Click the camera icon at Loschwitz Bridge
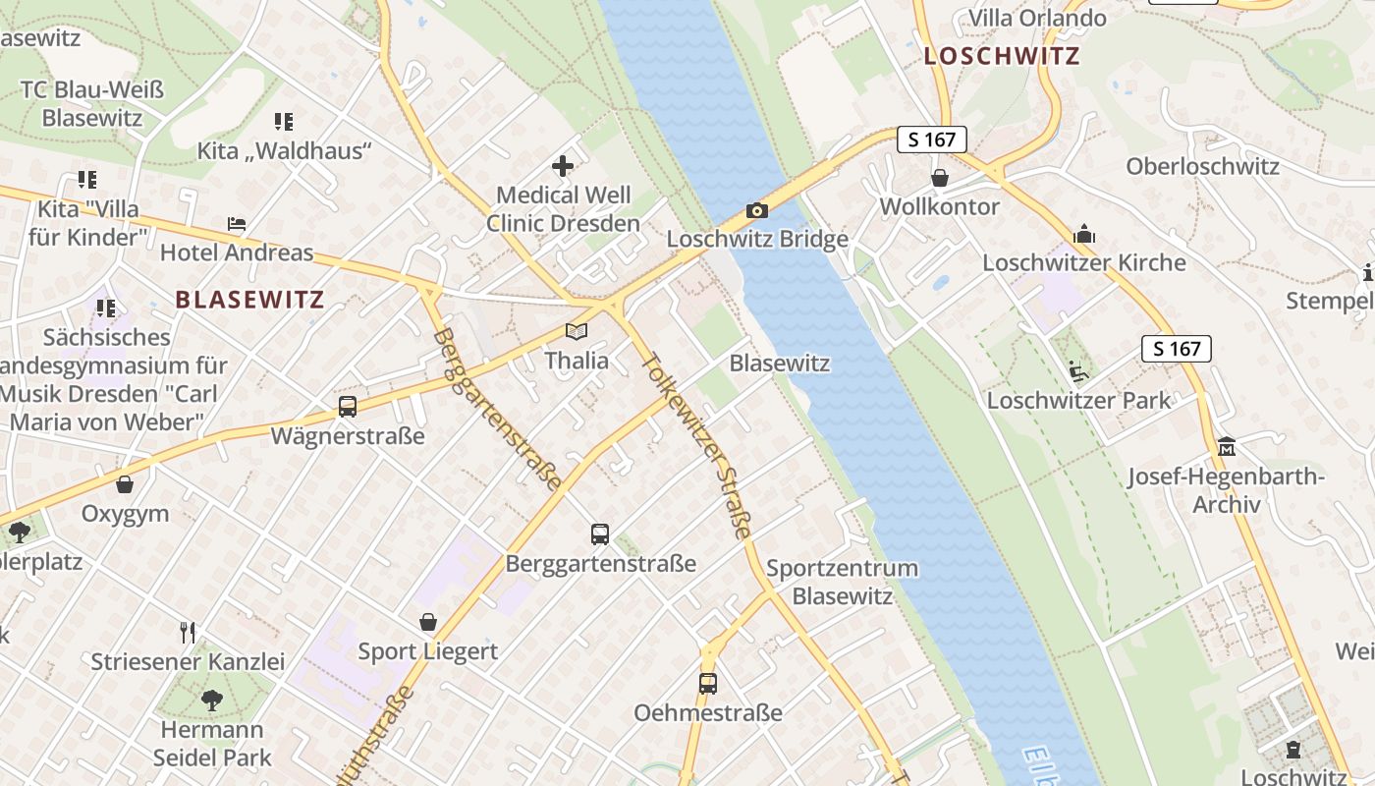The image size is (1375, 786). tap(756, 209)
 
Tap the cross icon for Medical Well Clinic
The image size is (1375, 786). tap(563, 166)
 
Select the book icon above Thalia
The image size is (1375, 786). tap(577, 332)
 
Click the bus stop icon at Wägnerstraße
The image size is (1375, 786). tap(347, 406)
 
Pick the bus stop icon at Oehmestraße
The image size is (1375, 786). tap(708, 683)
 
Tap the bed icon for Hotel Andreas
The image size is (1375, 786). tap(237, 224)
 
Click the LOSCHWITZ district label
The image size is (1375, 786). tap(1002, 56)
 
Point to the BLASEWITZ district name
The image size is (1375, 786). tap(249, 300)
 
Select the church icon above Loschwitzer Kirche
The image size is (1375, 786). tap(1084, 234)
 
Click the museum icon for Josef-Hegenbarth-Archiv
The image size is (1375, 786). tap(1227, 447)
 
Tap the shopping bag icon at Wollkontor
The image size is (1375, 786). tap(940, 178)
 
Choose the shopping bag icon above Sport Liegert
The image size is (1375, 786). tap(428, 622)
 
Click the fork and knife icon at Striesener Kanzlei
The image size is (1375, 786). tap(188, 632)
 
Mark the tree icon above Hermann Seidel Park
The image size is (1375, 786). tap(212, 701)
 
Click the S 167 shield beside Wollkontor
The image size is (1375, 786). tap(931, 140)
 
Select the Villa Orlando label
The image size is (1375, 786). tap(1037, 18)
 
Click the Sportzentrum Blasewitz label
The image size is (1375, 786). tap(842, 582)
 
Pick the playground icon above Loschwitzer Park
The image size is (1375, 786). tap(1077, 370)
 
